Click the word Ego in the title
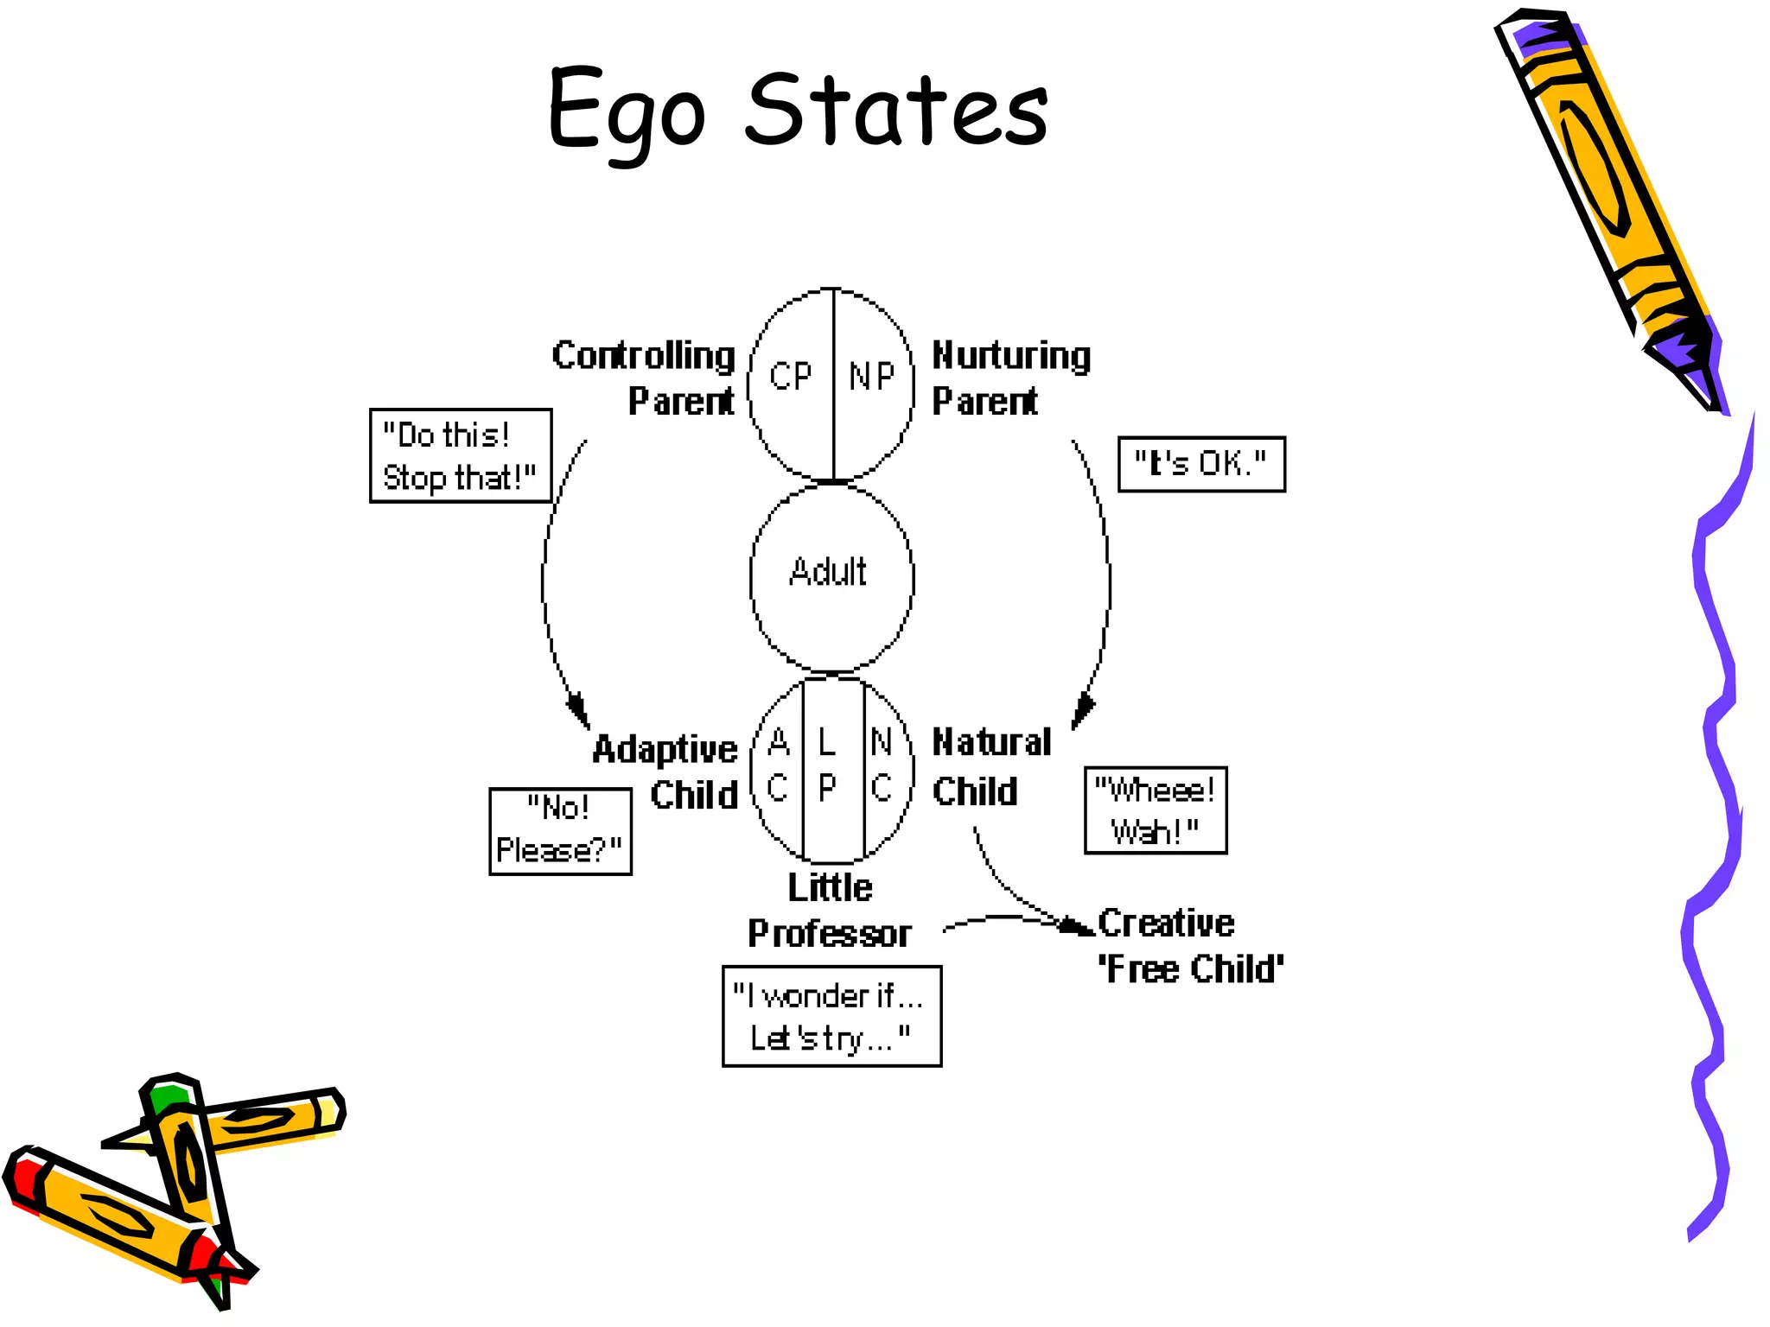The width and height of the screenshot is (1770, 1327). [626, 112]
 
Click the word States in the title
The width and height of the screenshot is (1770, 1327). [896, 111]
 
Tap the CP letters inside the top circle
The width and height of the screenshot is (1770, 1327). [791, 376]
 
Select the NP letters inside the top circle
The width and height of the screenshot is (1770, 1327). [871, 376]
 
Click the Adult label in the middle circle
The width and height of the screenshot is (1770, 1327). [828, 572]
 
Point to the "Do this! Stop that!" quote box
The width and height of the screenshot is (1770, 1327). [460, 455]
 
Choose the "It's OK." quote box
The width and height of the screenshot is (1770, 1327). [1201, 464]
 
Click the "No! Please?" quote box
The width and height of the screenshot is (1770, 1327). [560, 831]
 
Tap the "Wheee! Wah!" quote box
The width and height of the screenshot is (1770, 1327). [1156, 810]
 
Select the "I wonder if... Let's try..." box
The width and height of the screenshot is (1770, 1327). [831, 1016]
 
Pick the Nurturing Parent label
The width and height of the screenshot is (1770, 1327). [1010, 378]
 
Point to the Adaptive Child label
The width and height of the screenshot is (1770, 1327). [665, 771]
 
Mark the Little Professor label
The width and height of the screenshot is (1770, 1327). [830, 911]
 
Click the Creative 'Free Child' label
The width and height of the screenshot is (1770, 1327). [1189, 946]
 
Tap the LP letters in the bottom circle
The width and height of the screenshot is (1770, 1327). [828, 765]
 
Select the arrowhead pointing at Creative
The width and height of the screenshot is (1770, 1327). [1079, 926]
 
